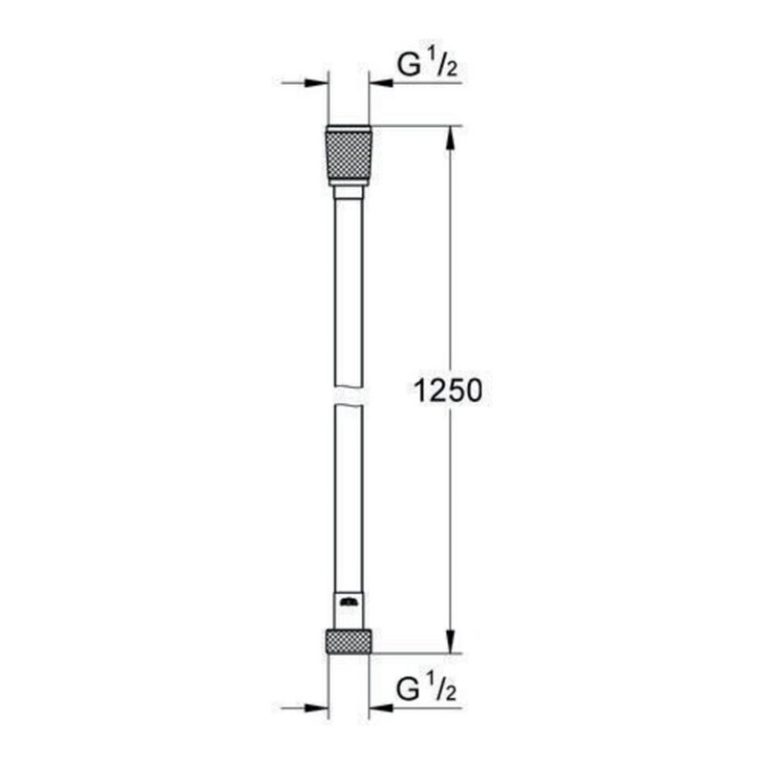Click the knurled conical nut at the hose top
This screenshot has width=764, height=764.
point(349,155)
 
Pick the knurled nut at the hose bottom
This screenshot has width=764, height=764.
point(349,641)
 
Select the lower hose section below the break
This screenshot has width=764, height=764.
point(349,497)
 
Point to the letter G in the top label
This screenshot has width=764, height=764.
point(408,66)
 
